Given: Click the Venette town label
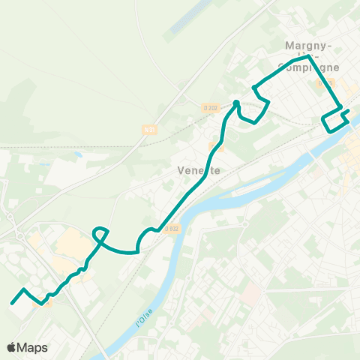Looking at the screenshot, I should point(199,170).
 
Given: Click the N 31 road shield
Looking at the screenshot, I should point(150,129).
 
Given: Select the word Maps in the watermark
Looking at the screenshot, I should point(33,347).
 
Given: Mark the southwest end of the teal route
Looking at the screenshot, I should point(12,303).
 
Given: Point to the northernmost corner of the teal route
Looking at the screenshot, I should point(308,55).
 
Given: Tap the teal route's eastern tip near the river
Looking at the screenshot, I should point(349,111).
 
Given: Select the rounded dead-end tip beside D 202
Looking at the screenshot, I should point(236,103).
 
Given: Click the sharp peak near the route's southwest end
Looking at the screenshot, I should point(25,289).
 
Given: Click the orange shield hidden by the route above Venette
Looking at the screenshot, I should point(217,148).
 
